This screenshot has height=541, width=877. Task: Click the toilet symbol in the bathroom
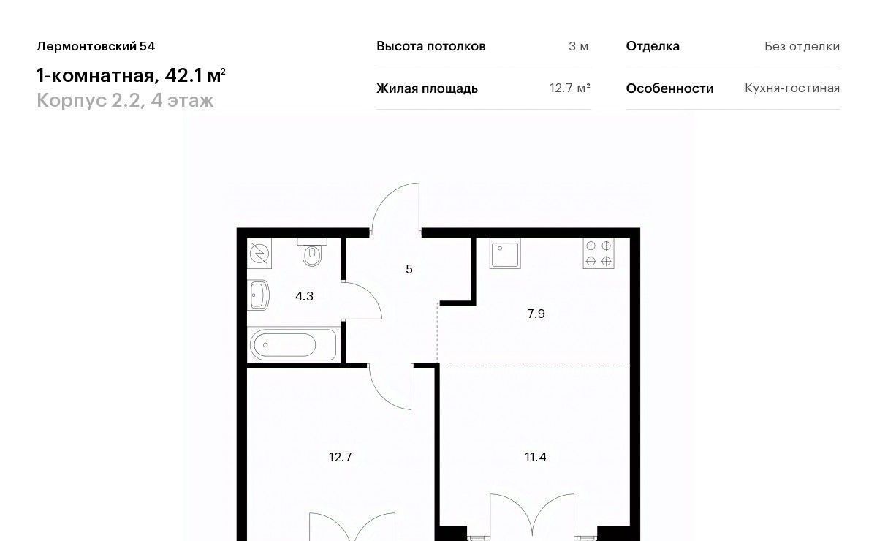(312, 252)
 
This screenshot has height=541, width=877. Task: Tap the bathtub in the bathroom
(293, 345)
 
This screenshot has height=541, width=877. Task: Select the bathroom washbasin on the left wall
(259, 295)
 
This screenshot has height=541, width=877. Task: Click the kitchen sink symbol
(505, 254)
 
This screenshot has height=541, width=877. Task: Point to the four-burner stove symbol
(599, 254)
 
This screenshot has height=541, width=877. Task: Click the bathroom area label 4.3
(304, 296)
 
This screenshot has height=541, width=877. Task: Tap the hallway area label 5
(409, 269)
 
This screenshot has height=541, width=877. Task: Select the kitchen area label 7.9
(536, 314)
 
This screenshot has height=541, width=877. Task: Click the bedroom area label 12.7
(341, 457)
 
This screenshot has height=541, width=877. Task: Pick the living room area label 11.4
(535, 457)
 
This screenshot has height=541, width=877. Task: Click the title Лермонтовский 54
(96, 46)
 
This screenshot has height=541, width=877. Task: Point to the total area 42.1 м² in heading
(195, 75)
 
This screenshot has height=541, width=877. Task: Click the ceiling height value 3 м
(578, 46)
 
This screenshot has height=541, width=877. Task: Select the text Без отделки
(802, 46)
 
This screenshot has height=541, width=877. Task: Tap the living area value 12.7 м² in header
(569, 88)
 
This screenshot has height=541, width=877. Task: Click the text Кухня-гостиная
(792, 88)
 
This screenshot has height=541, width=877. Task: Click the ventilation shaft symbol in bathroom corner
(259, 254)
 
